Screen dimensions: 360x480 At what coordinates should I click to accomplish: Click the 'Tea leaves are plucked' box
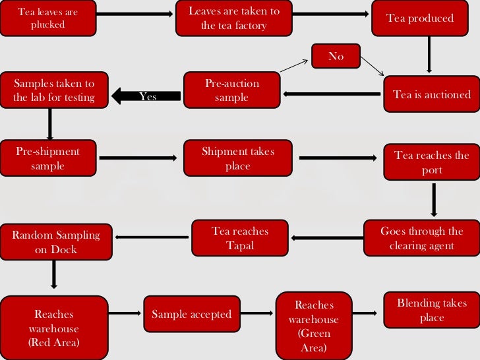[x=47, y=18]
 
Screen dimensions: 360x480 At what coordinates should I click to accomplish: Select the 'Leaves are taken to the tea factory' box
[x=233, y=18]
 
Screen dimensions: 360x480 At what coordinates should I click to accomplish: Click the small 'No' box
[x=336, y=56]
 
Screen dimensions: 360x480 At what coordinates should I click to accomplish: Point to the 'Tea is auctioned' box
[x=432, y=94]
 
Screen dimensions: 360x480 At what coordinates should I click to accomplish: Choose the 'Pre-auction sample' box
[x=232, y=90]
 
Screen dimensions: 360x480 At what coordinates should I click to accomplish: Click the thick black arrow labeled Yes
[x=146, y=96]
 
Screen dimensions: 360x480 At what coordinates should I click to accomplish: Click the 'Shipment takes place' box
[x=237, y=158]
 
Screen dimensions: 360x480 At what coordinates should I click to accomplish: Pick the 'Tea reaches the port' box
[x=432, y=163]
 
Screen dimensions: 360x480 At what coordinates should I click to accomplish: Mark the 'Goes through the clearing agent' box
[x=421, y=238]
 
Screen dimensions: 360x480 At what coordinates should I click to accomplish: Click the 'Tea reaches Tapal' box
[x=240, y=238]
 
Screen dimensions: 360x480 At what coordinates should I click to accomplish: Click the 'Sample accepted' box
[x=191, y=315]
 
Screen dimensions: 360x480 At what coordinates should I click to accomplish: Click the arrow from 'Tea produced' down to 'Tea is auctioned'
[x=429, y=54]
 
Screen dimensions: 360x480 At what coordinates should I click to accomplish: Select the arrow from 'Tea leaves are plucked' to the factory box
[x=135, y=13]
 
